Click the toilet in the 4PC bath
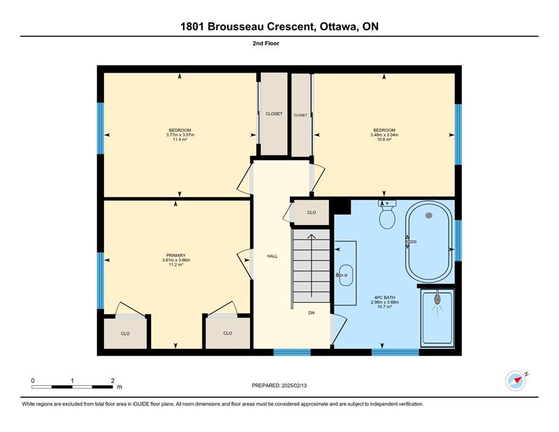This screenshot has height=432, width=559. pos(387,214)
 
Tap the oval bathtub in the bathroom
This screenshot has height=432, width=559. pos(429,241)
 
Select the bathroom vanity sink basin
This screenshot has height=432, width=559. pos(346,275)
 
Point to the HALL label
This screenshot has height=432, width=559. pos(273,256)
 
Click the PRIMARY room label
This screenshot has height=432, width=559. pos(176,255)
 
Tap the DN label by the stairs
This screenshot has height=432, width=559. pos(312,313)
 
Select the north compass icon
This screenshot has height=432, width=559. pos(516,381)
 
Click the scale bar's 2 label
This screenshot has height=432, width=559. pos(112,381)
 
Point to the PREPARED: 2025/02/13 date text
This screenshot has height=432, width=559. pos(279,386)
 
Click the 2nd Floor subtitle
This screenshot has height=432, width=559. pos(266,43)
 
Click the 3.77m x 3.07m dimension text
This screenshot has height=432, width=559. pos(180,135)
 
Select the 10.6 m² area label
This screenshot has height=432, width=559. pos(384,140)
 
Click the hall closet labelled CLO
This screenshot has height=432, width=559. pos(312,213)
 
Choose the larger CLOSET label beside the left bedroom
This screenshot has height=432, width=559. pos(274,114)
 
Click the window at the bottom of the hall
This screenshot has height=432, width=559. pos(292,352)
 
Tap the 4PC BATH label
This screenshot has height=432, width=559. pos(385,298)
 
